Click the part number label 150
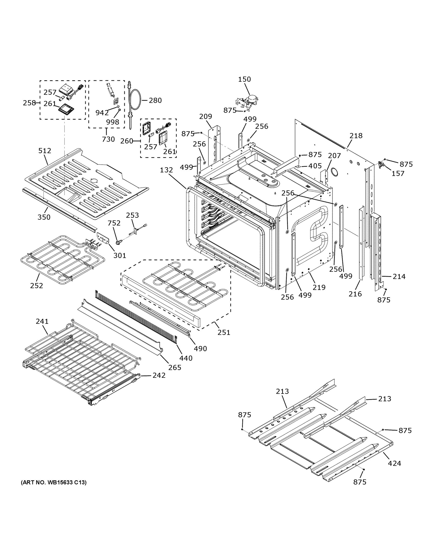pyautogui.click(x=244, y=79)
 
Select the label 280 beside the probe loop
pyautogui.click(x=155, y=100)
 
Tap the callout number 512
pyautogui.click(x=45, y=151)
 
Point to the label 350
pyautogui.click(x=44, y=217)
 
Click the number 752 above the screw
pyautogui.click(x=114, y=223)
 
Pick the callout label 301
pyautogui.click(x=120, y=255)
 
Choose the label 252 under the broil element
pyautogui.click(x=37, y=285)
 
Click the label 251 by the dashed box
pyautogui.click(x=224, y=332)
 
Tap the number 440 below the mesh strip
pyautogui.click(x=186, y=358)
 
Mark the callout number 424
pyautogui.click(x=394, y=463)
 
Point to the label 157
pyautogui.click(x=398, y=174)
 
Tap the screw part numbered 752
pyautogui.click(x=118, y=241)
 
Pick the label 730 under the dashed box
pyautogui.click(x=108, y=139)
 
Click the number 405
pyautogui.click(x=315, y=166)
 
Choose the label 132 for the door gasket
pyautogui.click(x=167, y=170)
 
